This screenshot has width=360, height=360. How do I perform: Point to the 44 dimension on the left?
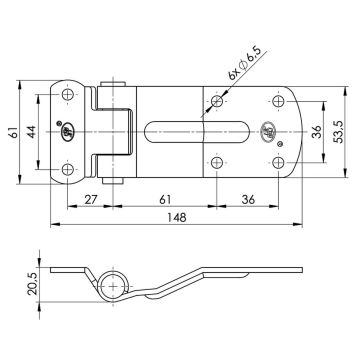coord(42,129)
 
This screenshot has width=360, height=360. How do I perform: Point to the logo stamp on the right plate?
coord(268,129)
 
